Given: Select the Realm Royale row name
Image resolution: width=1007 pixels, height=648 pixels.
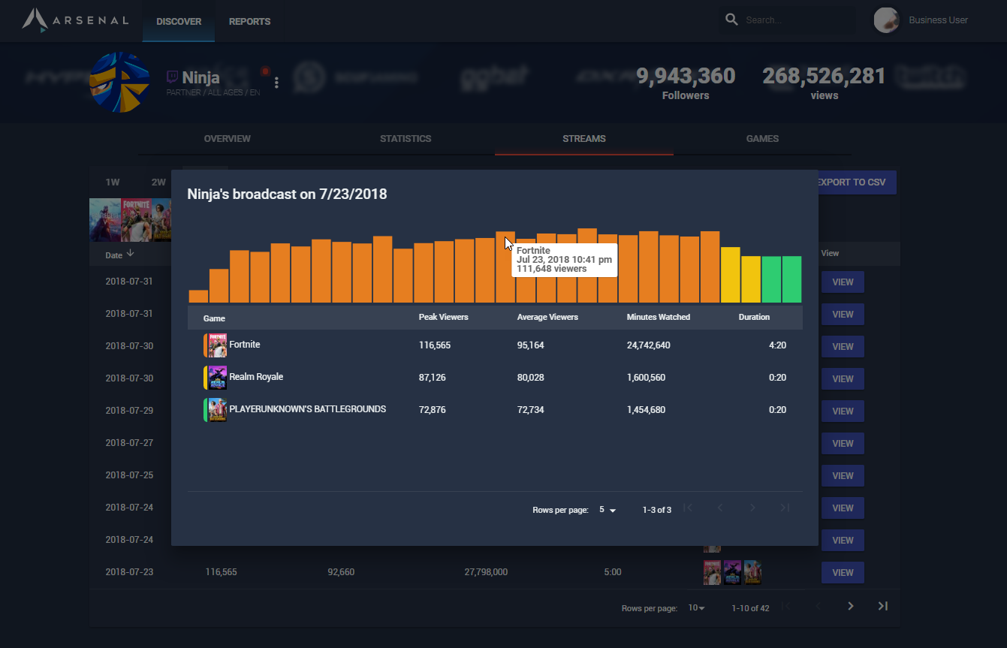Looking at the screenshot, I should [x=256, y=377].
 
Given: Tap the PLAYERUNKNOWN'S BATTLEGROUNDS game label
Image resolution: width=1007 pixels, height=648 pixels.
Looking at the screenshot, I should [x=307, y=409].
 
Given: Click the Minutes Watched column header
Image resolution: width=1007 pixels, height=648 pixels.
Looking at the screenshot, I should [x=658, y=317].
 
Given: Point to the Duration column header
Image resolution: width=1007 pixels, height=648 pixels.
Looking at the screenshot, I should [x=754, y=317].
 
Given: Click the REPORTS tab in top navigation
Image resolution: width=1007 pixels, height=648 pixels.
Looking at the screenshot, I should [x=249, y=22].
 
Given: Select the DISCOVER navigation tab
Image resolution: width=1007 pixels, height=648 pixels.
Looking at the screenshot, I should [x=179, y=22].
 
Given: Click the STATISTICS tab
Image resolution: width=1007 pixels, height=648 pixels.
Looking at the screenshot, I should [x=406, y=139].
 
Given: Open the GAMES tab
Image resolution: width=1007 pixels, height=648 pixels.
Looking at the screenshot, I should [x=762, y=139].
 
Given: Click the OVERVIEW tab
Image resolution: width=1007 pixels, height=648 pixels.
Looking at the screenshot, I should [x=228, y=139].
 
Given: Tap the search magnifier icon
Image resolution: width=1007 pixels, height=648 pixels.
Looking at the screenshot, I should [x=731, y=20].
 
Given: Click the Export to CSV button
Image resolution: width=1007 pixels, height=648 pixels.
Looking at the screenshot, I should [x=851, y=182].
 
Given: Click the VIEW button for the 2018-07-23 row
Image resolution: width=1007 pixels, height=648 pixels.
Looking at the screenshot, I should [x=843, y=572].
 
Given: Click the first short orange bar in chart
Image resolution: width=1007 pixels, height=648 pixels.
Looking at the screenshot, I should [x=198, y=296].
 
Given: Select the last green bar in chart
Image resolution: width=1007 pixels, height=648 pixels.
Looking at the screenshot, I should [x=791, y=279].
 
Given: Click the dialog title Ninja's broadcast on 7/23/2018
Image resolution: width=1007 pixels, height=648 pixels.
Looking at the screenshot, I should [x=287, y=194].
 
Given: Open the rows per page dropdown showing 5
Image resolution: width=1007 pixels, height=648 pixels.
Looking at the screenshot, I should [x=607, y=510].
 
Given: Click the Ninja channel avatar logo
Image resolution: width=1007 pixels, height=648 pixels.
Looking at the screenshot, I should [x=119, y=82].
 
